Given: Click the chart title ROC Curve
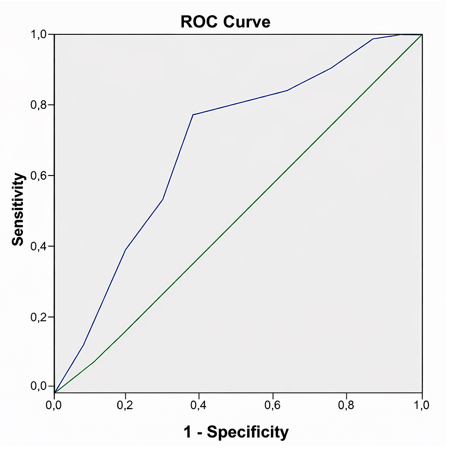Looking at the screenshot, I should click(x=225, y=21).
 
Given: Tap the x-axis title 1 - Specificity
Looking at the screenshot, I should click(x=236, y=432).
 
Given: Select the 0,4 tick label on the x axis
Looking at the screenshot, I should click(x=198, y=405).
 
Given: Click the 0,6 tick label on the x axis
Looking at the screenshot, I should click(x=272, y=405).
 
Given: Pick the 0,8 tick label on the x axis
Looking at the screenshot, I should click(x=346, y=405).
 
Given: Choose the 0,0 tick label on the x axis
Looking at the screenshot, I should click(x=54, y=405).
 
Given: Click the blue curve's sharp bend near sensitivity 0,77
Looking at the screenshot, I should click(x=193, y=115).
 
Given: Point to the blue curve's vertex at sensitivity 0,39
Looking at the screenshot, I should click(x=125, y=250).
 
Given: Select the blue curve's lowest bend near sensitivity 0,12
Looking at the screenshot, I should click(x=83, y=345).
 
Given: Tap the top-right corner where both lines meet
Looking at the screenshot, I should click(x=422, y=34).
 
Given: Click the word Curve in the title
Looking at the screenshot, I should click(x=249, y=21).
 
